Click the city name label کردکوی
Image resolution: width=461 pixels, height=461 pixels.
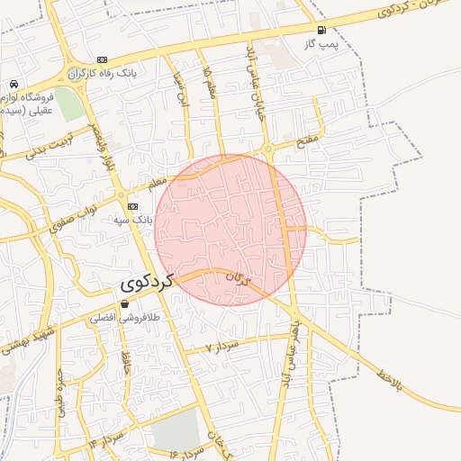147,283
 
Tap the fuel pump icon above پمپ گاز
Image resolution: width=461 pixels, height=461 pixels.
321,30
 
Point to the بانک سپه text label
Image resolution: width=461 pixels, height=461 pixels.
132,219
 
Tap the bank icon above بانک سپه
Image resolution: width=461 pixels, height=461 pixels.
132,206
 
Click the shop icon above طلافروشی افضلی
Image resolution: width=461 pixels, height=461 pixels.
123,304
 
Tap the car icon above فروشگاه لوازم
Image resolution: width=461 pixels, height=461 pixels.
13,84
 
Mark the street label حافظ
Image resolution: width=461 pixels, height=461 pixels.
126,365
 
